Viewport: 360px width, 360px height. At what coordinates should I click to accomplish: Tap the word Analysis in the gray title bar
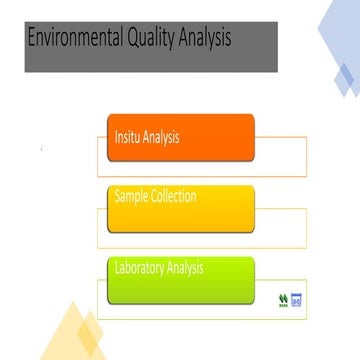pyautogui.click(x=205, y=39)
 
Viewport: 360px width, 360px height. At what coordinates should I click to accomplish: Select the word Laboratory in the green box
pyautogui.click(x=139, y=268)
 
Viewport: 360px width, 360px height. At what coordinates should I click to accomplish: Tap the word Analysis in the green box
pyautogui.click(x=185, y=268)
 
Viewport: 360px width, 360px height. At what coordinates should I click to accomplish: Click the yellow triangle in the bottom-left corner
pyautogui.click(x=70, y=335)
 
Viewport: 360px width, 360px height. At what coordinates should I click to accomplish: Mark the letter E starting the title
pyautogui.click(x=31, y=39)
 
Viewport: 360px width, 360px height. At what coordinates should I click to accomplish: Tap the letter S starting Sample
pyautogui.click(x=118, y=196)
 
